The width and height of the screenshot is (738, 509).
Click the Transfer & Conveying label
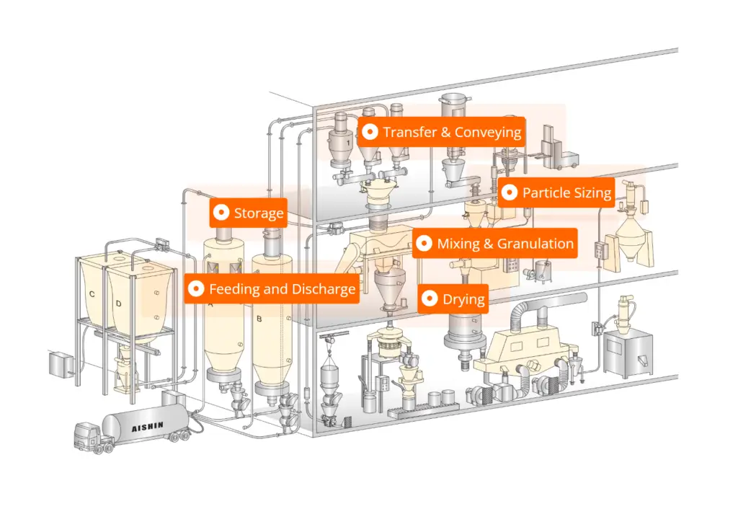coord(442,132)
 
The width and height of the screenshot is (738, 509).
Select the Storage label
coord(248,213)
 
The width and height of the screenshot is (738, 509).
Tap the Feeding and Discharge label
coord(272,288)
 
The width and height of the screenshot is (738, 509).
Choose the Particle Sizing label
coord(556,192)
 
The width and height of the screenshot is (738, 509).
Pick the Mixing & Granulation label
coord(494,244)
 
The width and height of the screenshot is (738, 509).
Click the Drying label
coord(453,299)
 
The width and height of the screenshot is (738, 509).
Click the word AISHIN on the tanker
coord(147,427)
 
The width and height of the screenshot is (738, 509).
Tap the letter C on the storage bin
coord(92,294)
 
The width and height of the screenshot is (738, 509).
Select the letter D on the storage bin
coord(119,304)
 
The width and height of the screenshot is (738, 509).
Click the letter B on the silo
coord(259,319)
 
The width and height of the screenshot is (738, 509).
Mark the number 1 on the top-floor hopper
coord(348,143)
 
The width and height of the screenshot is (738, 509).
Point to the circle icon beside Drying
coord(430,298)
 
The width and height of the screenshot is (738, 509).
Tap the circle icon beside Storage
coord(221,213)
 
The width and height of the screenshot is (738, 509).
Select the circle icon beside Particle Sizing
coord(510,192)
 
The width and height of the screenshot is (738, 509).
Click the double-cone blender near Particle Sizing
coord(632,240)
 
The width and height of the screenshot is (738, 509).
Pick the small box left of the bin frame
coord(61,364)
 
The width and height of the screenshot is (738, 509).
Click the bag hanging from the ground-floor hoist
coord(330,379)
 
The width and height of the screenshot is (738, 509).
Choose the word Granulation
coord(535,244)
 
